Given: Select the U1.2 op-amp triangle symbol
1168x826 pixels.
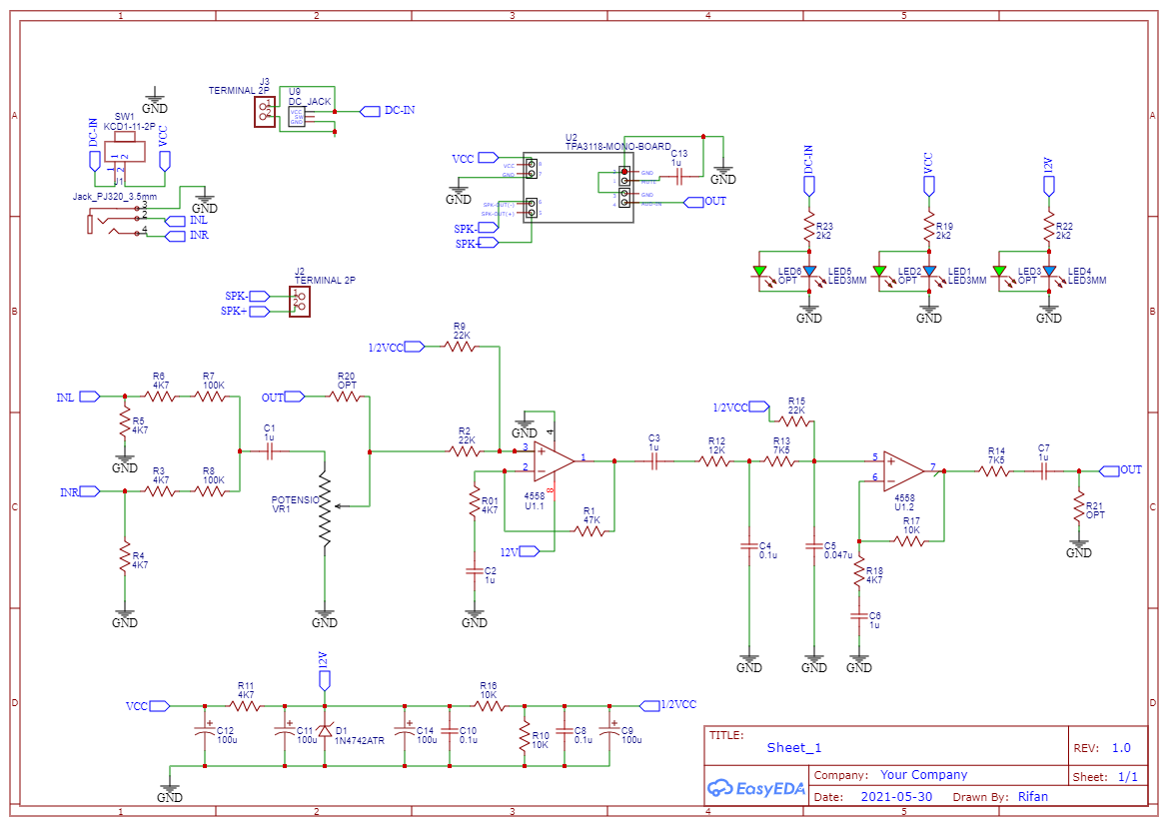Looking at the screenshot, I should (x=903, y=468).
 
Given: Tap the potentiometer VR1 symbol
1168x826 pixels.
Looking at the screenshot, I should (x=325, y=507).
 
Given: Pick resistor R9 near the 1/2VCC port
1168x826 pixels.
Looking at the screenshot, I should (x=461, y=346).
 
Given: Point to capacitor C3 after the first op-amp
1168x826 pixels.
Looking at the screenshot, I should (x=654, y=460).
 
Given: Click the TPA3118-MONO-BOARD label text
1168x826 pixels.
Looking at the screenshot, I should (x=618, y=147).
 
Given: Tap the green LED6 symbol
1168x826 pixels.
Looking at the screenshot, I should (x=760, y=271).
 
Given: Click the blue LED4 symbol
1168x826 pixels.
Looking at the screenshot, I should (x=1049, y=271).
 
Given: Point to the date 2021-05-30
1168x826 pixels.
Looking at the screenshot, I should (x=895, y=797).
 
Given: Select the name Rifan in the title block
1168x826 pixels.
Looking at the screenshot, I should (x=1032, y=797).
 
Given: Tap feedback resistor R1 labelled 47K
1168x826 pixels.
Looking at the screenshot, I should (x=589, y=531).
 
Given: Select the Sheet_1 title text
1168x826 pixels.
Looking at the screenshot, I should (x=793, y=748).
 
